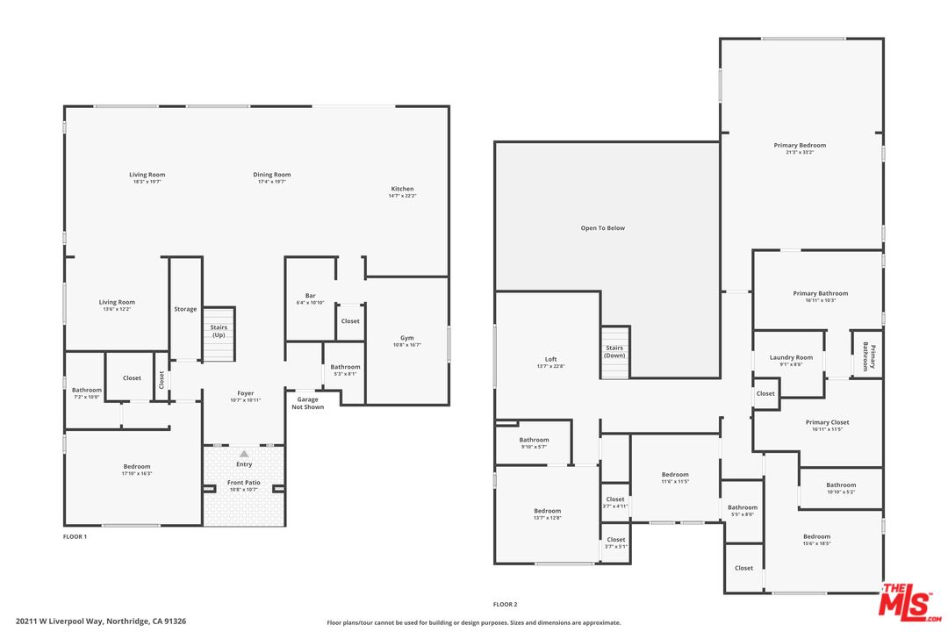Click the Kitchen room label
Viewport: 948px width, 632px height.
[x=402, y=189]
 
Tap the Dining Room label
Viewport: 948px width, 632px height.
[x=272, y=175]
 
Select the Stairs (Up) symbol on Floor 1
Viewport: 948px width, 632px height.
[x=219, y=334]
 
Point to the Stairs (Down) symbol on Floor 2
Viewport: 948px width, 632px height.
[x=614, y=352]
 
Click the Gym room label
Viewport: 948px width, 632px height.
[x=406, y=338]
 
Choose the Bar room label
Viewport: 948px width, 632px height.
[x=310, y=296]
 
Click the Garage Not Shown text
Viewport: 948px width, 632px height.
[x=307, y=404]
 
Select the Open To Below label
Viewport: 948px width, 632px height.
[x=603, y=228]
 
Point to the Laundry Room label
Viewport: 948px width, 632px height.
[x=791, y=357]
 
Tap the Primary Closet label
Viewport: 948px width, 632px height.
[x=827, y=422]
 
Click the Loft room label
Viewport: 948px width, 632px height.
[x=550, y=359]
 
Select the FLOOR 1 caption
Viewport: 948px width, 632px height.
[x=75, y=536]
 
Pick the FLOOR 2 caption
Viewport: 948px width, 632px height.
[x=505, y=605]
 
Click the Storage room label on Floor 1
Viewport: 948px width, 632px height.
[x=185, y=309]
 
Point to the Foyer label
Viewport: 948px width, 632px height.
[x=245, y=393]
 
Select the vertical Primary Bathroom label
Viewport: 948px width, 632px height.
[x=868, y=355]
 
